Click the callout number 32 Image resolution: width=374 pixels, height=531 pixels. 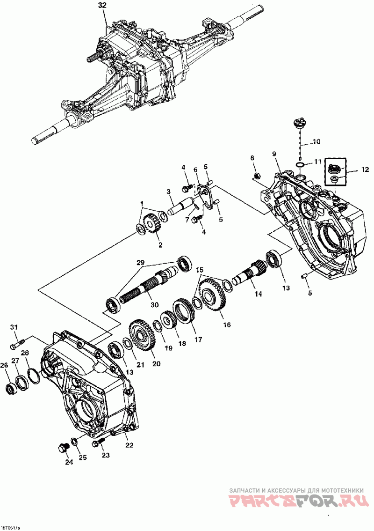pos(102,6)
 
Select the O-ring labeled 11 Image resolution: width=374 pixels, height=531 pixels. pos(301,164)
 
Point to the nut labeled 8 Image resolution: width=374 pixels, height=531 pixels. pos(256,175)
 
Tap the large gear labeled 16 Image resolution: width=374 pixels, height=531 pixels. pos(212,294)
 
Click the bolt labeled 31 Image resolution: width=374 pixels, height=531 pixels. pos(16,346)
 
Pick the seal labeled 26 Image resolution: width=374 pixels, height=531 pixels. pos(10,388)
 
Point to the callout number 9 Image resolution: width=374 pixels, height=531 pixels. pos(274,154)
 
